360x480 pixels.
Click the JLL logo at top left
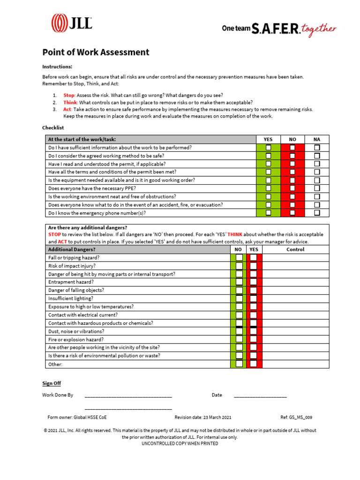point(71,23)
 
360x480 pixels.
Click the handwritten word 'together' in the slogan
point(319,29)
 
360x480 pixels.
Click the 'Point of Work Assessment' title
point(96,52)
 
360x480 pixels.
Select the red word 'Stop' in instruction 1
point(69,95)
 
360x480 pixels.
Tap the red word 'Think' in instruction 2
point(70,102)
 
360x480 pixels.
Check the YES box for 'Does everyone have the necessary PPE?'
point(268,188)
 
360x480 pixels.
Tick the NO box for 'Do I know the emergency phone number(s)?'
point(292,213)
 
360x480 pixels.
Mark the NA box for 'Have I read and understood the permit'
point(317,164)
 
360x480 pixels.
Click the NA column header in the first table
point(317,139)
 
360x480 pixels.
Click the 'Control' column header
point(295,249)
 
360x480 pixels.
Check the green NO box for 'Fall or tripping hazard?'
point(239,258)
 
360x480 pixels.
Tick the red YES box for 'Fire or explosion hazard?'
point(254,339)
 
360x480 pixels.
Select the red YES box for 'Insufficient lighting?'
point(254,299)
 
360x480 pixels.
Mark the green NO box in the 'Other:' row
point(239,364)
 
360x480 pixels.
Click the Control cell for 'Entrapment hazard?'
point(295,282)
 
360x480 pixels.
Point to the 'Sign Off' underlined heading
point(52,383)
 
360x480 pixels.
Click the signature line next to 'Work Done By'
point(128,397)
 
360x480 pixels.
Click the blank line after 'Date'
point(260,397)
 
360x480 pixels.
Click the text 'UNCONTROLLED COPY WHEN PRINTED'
point(180,443)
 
